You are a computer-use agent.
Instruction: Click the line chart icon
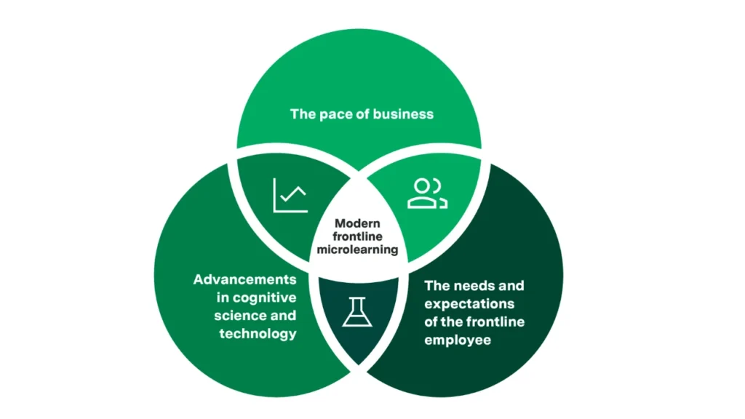[290, 195]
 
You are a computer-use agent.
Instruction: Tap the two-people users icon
[427, 193]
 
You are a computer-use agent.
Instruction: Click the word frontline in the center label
[359, 236]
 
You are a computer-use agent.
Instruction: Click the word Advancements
[244, 279]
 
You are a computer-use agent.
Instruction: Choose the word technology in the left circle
[258, 334]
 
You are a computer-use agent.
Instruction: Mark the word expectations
[469, 303]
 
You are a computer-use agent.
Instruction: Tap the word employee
[458, 340]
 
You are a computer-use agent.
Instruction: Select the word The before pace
[303, 113]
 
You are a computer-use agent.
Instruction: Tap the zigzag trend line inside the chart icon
[294, 195]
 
